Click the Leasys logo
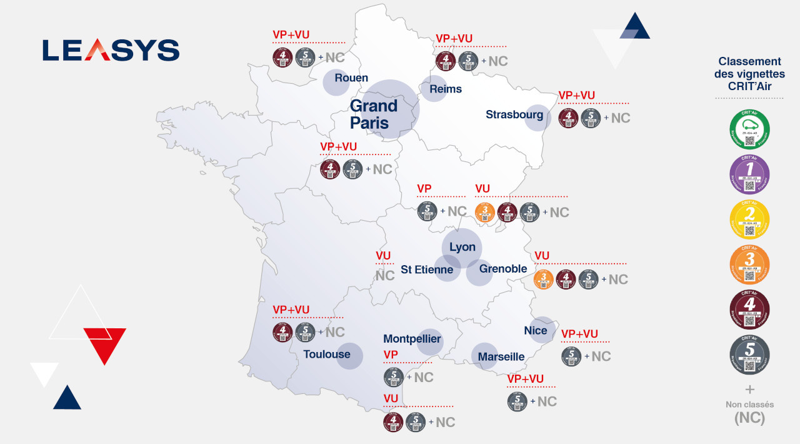(111, 50)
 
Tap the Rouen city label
(351, 78)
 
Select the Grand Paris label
(374, 114)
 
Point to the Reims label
(446, 89)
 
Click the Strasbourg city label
(514, 114)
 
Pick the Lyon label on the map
(462, 247)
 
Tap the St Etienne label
(427, 270)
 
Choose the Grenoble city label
(503, 269)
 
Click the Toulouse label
(327, 355)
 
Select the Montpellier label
(412, 339)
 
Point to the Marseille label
(501, 356)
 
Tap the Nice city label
(536, 330)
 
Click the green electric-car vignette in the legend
(749, 129)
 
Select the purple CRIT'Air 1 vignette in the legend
(749, 174)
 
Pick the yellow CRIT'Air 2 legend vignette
(749, 219)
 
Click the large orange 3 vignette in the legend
(749, 265)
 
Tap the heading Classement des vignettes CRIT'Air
(749, 74)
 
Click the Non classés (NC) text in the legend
(749, 412)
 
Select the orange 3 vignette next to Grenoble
(544, 280)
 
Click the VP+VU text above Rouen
(291, 34)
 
